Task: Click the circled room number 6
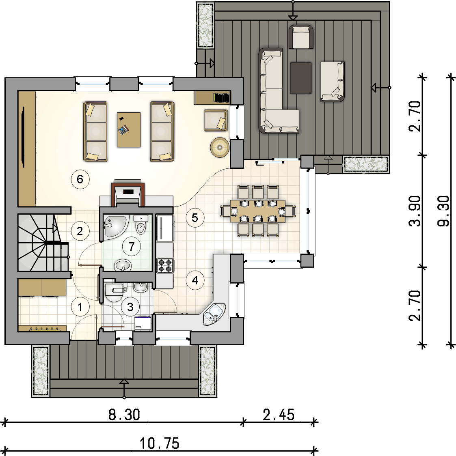coord(80,179)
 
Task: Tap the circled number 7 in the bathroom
coord(132,246)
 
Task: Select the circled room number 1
coord(80,307)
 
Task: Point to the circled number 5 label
coord(195,217)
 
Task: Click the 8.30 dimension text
coord(124,414)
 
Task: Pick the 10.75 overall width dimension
coord(160,443)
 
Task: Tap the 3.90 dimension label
coord(415,211)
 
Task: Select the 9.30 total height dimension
coord(443,211)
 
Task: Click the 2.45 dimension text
coord(279,414)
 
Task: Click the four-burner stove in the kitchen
coord(165,266)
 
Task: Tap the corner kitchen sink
coord(215,314)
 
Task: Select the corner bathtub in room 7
coord(116,226)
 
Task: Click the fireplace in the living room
coord(128,193)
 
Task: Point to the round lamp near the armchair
coord(220,147)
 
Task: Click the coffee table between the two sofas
coord(129,130)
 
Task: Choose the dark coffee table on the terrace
coord(301,78)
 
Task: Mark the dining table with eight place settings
coord(258,211)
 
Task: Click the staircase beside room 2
coord(43,243)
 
